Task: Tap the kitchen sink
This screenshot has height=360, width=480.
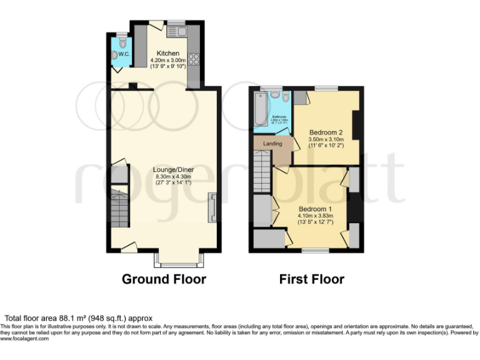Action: (176, 31)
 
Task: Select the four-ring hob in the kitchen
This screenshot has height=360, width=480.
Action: (194, 60)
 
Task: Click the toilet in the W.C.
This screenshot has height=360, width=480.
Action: (122, 43)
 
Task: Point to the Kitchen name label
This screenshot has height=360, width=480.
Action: (168, 53)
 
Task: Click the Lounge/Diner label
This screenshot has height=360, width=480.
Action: (173, 169)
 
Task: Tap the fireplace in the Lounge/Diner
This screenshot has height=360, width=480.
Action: (213, 207)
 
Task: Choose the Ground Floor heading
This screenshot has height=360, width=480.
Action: (164, 279)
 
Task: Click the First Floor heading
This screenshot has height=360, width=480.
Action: (311, 279)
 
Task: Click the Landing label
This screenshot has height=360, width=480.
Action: (272, 144)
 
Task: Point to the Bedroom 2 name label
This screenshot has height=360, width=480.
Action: (326, 132)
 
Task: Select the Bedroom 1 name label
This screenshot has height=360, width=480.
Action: (314, 209)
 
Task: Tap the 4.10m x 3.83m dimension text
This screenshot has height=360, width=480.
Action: (314, 216)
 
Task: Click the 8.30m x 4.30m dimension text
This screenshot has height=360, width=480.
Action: (173, 177)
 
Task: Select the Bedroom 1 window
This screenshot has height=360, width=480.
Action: (314, 251)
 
